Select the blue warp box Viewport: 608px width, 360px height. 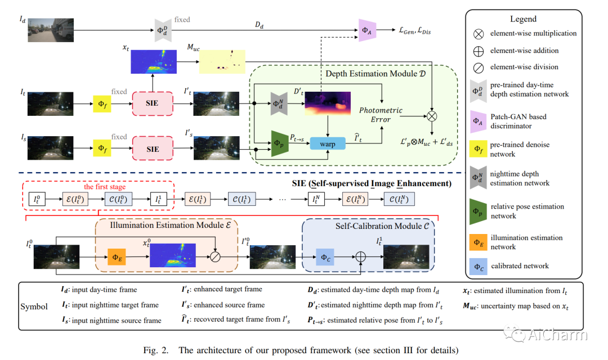[327, 143]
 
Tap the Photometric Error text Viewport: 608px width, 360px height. [381, 115]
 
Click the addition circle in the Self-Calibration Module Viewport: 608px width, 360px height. [361, 256]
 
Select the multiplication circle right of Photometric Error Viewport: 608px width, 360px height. [432, 116]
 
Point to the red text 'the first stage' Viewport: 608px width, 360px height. [105, 187]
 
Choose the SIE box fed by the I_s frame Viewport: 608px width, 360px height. [153, 149]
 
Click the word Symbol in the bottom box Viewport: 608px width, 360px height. [37, 307]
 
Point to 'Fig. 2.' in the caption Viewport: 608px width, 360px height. [158, 350]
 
